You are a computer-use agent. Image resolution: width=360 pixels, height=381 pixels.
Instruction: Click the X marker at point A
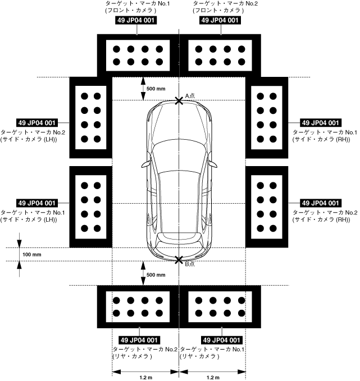pos(179,100)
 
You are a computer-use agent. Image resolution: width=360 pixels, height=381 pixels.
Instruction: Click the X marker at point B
pos(179,260)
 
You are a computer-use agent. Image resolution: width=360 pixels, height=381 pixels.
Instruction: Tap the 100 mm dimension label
pos(32,254)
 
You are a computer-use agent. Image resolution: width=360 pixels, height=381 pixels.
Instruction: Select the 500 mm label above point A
pos(156,89)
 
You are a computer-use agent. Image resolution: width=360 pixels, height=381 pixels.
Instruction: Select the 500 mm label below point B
pos(156,275)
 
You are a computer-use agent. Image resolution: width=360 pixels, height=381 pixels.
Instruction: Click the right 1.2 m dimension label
pos(212,377)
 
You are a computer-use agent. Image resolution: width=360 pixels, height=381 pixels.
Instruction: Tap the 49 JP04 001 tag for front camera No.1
pos(136,20)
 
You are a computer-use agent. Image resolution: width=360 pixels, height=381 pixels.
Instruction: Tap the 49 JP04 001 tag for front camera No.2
pos(220,20)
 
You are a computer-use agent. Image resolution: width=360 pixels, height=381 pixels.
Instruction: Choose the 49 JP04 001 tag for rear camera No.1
pos(221,340)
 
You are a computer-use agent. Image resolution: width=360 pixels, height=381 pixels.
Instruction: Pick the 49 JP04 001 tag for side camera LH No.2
pos(37,122)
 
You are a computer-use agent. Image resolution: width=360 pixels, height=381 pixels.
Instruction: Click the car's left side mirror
pos(145,164)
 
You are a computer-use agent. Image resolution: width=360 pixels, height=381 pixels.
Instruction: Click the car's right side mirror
pos(213,164)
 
